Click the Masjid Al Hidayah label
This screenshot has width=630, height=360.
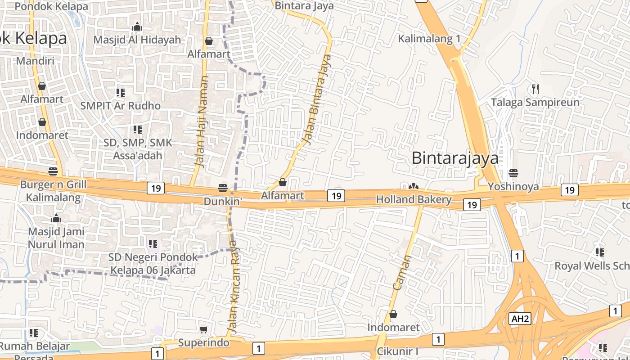(137, 40)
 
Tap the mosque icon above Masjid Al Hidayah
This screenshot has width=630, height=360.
(137, 27)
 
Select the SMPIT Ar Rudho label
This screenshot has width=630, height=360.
(120, 106)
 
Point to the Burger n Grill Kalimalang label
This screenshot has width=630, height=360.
(53, 191)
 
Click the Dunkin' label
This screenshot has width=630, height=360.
(223, 202)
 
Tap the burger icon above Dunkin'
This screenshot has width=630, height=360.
(223, 188)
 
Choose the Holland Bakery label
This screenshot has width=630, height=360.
(414, 199)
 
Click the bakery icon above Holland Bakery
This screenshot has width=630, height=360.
(414, 186)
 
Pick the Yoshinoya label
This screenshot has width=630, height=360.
(513, 186)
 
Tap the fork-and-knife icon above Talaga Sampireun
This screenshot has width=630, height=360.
(535, 89)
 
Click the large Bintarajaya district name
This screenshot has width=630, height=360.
(455, 158)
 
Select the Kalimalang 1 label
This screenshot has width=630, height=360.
(429, 39)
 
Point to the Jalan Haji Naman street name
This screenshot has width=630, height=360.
(202, 121)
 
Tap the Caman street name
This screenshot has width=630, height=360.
(402, 273)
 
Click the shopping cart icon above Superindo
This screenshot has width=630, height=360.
(203, 330)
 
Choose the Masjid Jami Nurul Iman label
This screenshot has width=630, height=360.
(56, 238)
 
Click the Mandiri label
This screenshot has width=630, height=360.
(35, 61)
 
